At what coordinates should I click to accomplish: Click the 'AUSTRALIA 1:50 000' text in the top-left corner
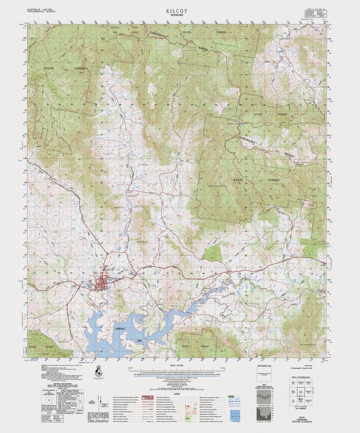[40, 9]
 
